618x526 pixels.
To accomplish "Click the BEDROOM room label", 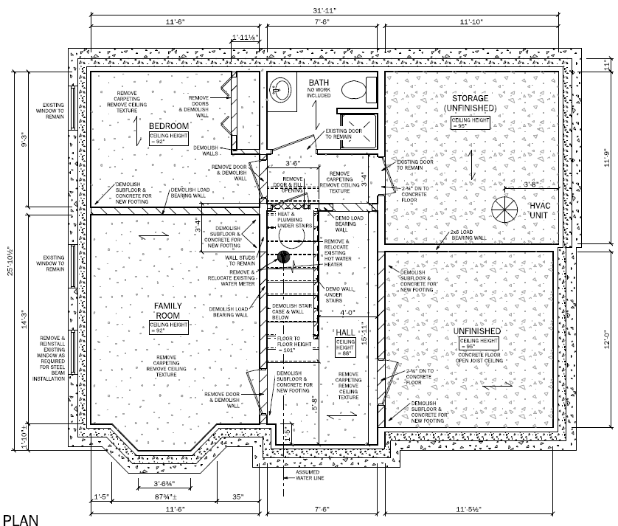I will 169,126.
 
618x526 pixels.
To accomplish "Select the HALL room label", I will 345,333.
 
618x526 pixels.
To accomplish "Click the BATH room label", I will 319,83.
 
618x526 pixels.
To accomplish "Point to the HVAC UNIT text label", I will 541,210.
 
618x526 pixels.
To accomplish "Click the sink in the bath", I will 280,89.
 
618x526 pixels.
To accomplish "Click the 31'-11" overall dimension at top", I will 320,10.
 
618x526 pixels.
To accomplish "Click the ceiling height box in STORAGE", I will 471,122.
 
